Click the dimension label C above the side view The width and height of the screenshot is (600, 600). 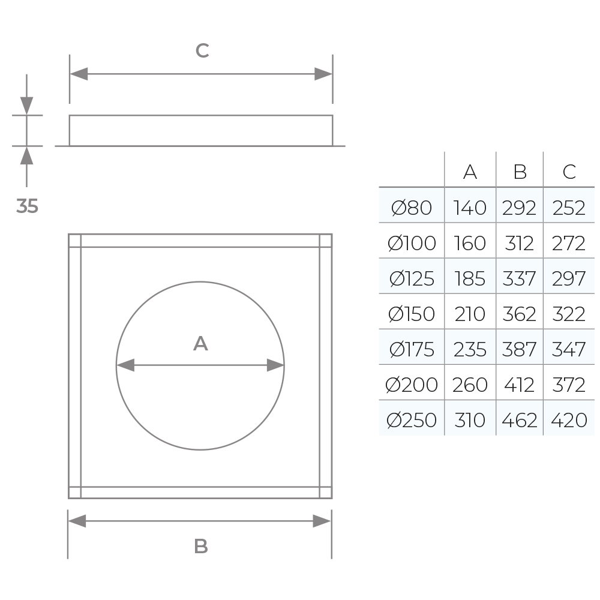point(202,51)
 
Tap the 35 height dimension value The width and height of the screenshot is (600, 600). point(27,206)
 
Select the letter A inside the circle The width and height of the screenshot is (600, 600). point(200,344)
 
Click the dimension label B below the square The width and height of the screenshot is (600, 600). point(200,547)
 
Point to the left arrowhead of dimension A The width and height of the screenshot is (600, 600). point(125,365)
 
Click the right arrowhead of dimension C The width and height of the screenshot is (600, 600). point(323,74)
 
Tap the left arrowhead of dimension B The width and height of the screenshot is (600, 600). point(77,521)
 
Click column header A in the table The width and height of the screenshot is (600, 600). point(470,172)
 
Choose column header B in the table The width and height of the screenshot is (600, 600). point(520,172)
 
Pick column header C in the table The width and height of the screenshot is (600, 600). point(569,172)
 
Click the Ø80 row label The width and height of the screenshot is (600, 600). point(412,208)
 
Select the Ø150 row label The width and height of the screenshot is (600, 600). point(412,314)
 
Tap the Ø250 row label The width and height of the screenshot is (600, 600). point(412,420)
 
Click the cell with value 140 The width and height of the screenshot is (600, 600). point(470,208)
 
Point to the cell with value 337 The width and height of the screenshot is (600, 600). point(520,278)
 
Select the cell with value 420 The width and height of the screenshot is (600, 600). point(569,420)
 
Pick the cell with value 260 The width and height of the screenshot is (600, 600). point(470,385)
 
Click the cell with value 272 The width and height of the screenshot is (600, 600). point(569,243)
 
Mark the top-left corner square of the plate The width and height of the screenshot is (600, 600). point(74,241)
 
